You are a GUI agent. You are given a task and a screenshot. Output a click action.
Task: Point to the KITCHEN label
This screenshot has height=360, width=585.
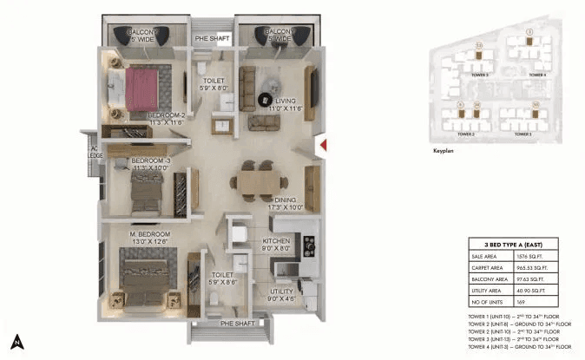[x=276, y=240]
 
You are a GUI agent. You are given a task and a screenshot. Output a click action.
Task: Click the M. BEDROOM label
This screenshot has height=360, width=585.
[x=151, y=234]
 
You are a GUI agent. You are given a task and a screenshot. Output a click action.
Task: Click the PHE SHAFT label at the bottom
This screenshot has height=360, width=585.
[x=237, y=323]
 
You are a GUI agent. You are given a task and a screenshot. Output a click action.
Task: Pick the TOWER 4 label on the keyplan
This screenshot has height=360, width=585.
[x=538, y=75]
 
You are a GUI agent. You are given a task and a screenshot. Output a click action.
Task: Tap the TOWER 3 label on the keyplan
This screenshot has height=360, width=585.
[x=523, y=134]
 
